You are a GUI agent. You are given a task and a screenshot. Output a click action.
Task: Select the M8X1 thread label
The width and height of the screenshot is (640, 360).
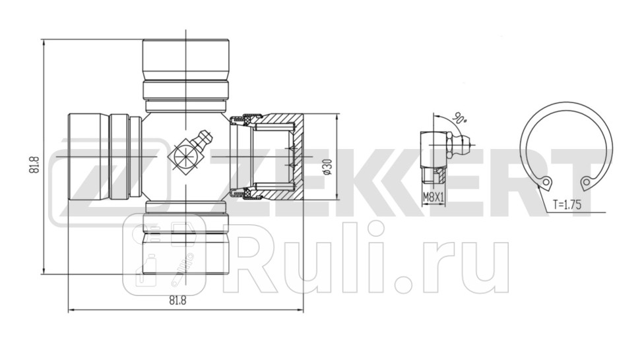point(433,196)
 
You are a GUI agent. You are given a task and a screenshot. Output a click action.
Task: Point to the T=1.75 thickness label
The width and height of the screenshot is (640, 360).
point(567,205)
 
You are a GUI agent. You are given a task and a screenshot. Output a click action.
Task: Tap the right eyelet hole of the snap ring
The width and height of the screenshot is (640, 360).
point(586,182)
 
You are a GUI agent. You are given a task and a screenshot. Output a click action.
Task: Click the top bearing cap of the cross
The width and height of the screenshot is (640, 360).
point(186,59)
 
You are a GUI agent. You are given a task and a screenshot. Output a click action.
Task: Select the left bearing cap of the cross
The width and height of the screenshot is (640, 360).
point(89,157)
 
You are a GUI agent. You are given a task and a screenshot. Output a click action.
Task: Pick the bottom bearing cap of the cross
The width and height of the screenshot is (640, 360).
point(186,254)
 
